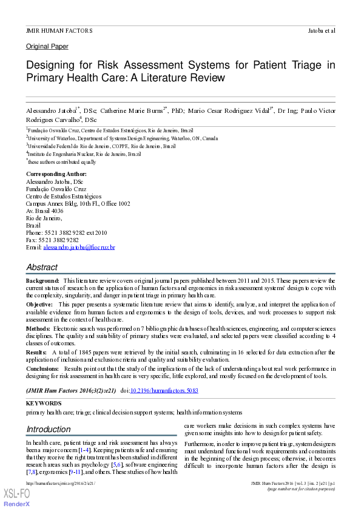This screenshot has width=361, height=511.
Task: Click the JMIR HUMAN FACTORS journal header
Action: pos(59,30)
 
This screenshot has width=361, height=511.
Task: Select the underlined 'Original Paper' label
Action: pos(47,47)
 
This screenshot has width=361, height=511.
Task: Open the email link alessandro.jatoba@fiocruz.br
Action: pos(79,248)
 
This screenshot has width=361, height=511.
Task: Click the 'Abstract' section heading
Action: pos(42,267)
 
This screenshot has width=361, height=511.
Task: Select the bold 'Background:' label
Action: pos(42,281)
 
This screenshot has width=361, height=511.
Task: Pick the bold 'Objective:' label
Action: pos(41,303)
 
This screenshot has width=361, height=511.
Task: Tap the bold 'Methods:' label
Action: pos(38,327)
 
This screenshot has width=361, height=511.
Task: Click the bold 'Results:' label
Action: pos(36,351)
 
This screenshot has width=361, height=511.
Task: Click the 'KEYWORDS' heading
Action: pos(44,403)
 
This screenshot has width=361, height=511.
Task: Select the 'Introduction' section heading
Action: pos(49,429)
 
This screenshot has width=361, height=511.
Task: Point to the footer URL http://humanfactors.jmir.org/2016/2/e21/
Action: pos(60,483)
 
